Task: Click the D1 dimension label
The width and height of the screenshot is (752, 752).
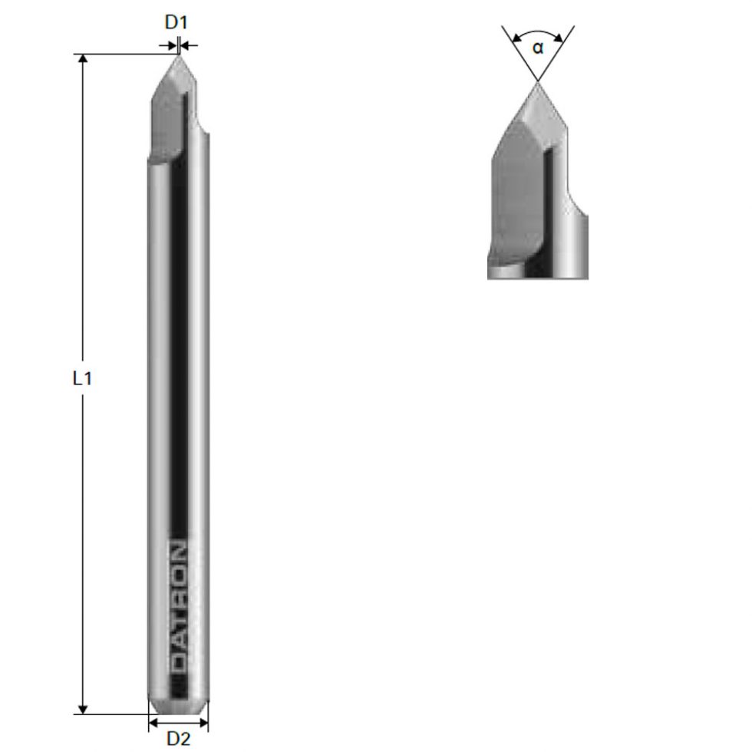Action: click(x=176, y=22)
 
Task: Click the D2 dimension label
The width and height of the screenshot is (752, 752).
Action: click(x=178, y=738)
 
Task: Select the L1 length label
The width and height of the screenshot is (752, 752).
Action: click(x=82, y=378)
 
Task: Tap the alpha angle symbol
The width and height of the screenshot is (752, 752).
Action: click(x=538, y=48)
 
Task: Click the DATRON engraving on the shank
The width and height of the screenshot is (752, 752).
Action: click(x=177, y=606)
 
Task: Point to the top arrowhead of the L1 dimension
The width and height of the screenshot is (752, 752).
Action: click(x=84, y=60)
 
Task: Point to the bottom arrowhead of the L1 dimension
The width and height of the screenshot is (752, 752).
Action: click(x=84, y=708)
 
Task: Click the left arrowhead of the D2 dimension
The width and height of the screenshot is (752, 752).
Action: click(x=152, y=723)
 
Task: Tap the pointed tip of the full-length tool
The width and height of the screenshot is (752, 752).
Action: click(x=178, y=55)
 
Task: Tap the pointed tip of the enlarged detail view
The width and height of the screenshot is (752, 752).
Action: click(x=538, y=82)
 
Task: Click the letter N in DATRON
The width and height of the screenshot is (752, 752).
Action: click(x=177, y=552)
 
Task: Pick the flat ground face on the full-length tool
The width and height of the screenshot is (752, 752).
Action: click(x=166, y=123)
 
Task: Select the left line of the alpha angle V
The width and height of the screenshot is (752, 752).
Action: click(x=518, y=50)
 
